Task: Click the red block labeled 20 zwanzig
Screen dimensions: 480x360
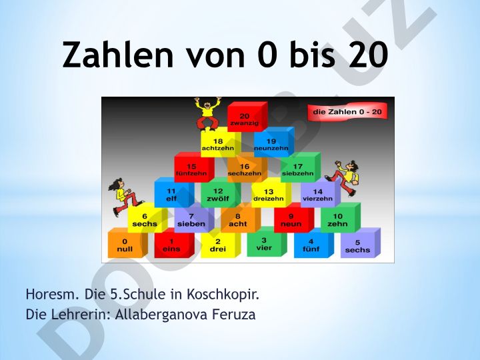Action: pos(247,117)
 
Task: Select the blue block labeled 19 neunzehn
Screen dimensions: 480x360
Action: pos(274,143)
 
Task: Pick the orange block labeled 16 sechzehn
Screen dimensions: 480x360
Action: pos(247,167)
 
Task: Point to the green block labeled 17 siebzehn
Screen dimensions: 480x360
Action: pos(300,167)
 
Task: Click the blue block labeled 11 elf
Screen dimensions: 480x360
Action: pos(174,193)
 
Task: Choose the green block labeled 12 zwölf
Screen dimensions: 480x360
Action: pos(221,193)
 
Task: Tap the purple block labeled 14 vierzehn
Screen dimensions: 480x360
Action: pos(321,193)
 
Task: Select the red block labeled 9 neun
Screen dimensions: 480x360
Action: pos(294,217)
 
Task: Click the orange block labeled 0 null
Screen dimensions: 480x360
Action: pos(127,243)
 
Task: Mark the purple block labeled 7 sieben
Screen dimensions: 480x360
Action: pos(194,217)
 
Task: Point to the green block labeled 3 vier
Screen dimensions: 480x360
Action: pos(267,242)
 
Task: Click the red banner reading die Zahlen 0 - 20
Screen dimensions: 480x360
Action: pos(347,112)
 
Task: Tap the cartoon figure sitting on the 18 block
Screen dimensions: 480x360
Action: pos(207,113)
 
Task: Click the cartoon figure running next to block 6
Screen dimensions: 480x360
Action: pos(124,197)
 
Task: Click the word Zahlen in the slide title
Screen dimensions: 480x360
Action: pos(118,55)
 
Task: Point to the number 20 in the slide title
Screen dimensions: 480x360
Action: pos(368,55)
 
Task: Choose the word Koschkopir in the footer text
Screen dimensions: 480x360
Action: pos(223,294)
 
